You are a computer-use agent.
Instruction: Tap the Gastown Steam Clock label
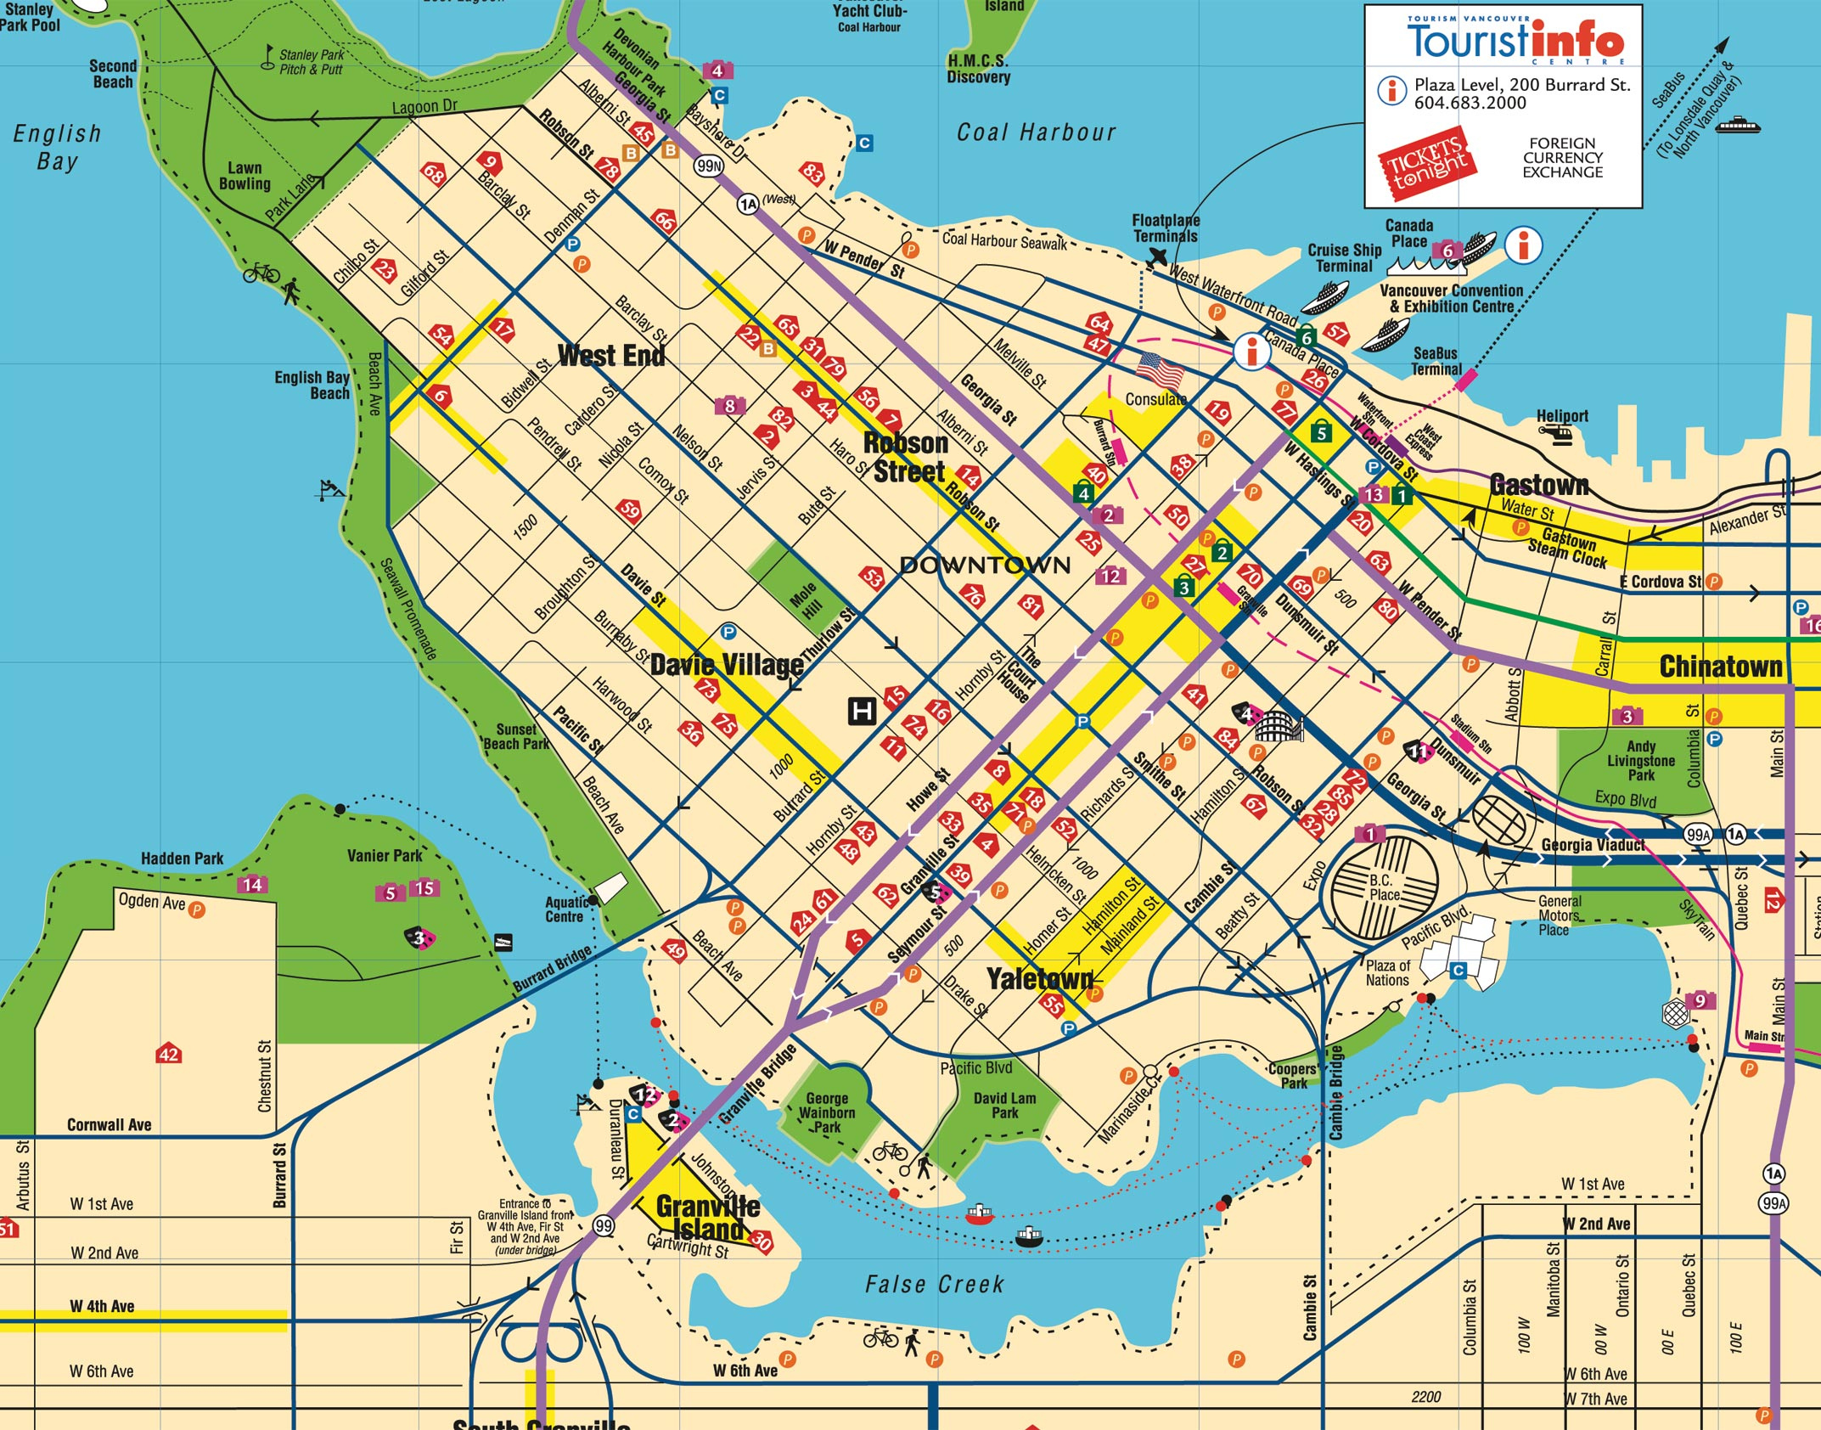tap(1568, 549)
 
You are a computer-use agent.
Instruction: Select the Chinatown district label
tap(1721, 667)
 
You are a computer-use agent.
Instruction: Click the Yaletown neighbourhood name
tap(1040, 979)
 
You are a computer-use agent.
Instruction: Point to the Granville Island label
tap(707, 1218)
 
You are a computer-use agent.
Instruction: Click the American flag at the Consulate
tap(1160, 370)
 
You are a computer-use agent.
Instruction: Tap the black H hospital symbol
tap(862, 710)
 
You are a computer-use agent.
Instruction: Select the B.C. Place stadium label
tap(1384, 887)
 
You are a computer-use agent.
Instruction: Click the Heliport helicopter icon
tap(1556, 435)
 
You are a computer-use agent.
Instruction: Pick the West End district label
tap(611, 355)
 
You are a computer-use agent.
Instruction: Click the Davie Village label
tap(727, 665)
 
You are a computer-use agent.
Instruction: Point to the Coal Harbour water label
tap(1036, 132)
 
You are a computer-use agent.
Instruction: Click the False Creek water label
tap(934, 1285)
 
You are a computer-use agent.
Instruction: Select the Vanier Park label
tap(385, 855)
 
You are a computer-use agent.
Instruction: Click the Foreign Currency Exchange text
tap(1562, 158)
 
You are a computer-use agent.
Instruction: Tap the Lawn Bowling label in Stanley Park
tap(244, 176)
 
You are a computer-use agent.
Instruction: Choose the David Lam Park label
tap(1004, 1105)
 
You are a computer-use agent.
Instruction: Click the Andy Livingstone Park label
tap(1640, 760)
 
